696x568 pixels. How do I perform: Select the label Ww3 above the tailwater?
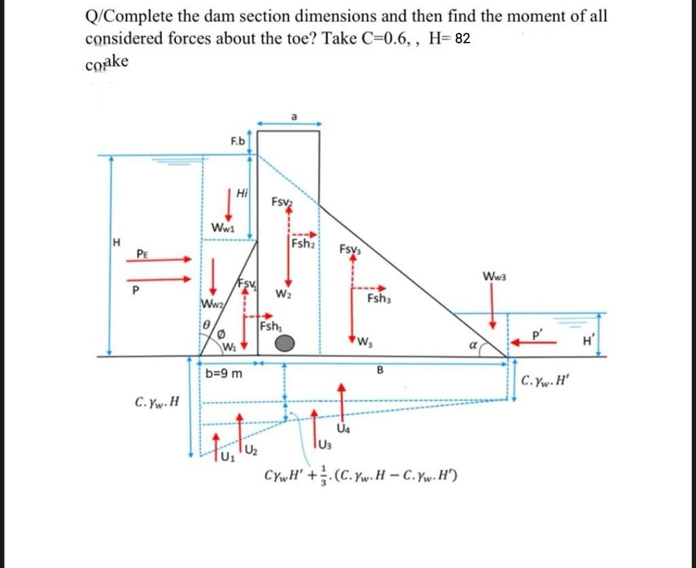pos(494,277)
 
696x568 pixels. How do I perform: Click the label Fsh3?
pos(379,298)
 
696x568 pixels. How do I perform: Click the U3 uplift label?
pos(324,443)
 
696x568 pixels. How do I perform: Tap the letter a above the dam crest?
pos(293,117)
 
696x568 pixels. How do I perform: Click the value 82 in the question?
pos(462,39)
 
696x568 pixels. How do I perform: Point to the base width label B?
pos(380,370)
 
